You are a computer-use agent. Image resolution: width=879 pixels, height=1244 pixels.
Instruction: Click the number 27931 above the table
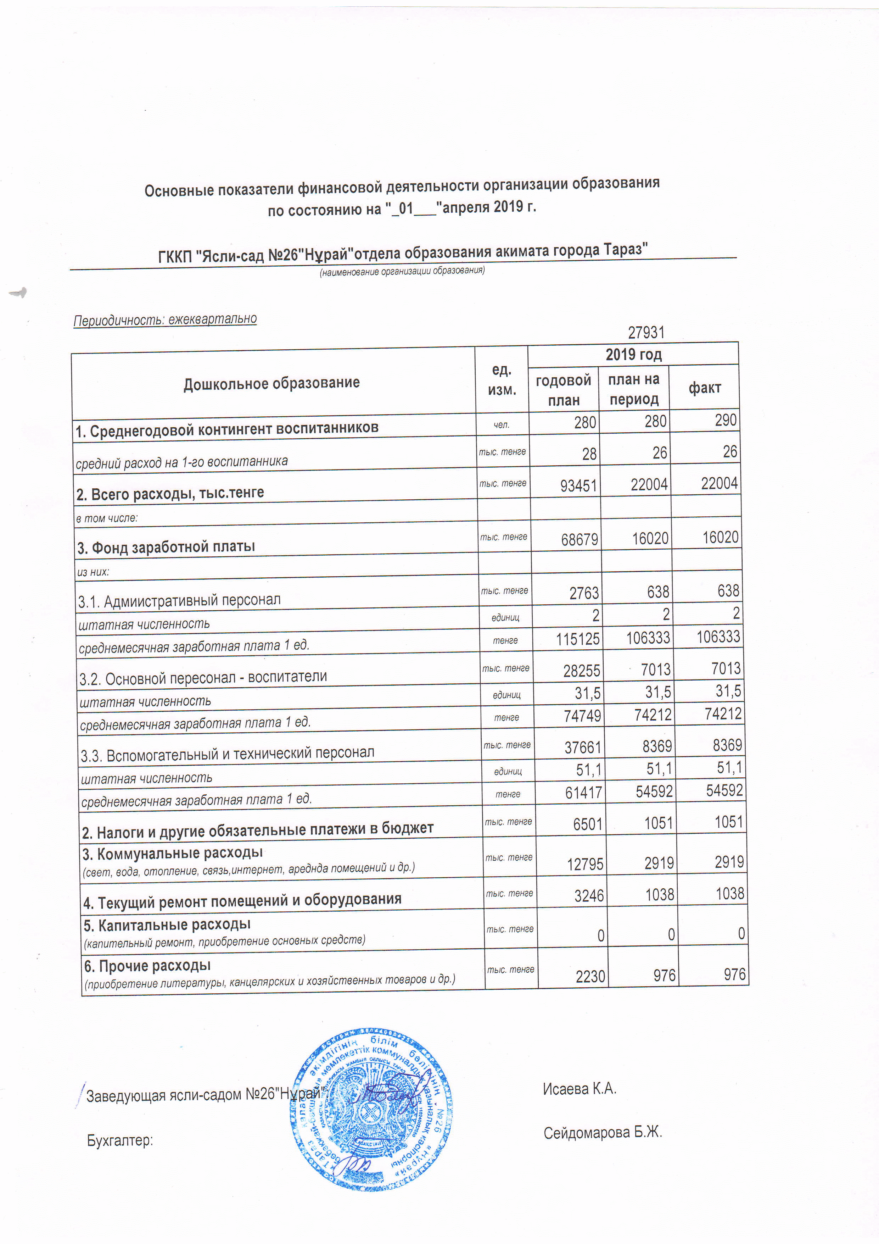pyautogui.click(x=645, y=332)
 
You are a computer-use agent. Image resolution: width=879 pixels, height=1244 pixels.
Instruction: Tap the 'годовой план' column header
pyautogui.click(x=563, y=390)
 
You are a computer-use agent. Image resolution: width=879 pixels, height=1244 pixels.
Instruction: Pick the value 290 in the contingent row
pyautogui.click(x=726, y=421)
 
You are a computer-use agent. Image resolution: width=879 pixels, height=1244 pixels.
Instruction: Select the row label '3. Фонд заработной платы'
pyautogui.click(x=166, y=547)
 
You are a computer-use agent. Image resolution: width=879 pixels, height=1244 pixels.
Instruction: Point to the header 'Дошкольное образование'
pyautogui.click(x=271, y=383)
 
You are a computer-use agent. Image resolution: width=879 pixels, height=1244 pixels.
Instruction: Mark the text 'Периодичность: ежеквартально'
pyautogui.click(x=165, y=319)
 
